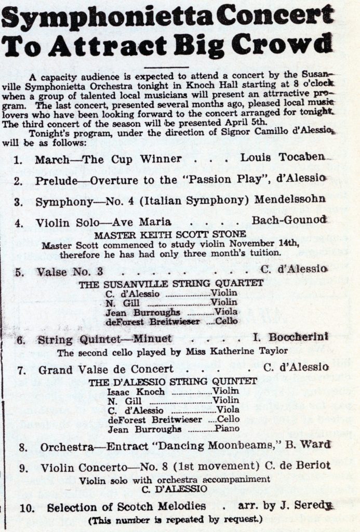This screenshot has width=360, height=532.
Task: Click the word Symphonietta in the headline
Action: (x=106, y=18)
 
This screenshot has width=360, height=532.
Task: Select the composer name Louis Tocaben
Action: (x=283, y=157)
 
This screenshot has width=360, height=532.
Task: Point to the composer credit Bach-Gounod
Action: (x=289, y=220)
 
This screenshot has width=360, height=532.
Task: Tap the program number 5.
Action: (x=20, y=271)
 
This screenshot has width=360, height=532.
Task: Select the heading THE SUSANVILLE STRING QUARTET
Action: (x=171, y=283)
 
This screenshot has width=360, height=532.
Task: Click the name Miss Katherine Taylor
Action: (x=248, y=351)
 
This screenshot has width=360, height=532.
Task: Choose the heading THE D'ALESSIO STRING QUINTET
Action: (x=172, y=381)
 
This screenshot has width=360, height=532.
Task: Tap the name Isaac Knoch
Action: (x=129, y=391)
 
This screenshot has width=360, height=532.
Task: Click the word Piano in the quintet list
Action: (x=227, y=429)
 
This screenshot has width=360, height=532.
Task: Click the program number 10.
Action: (x=25, y=507)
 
